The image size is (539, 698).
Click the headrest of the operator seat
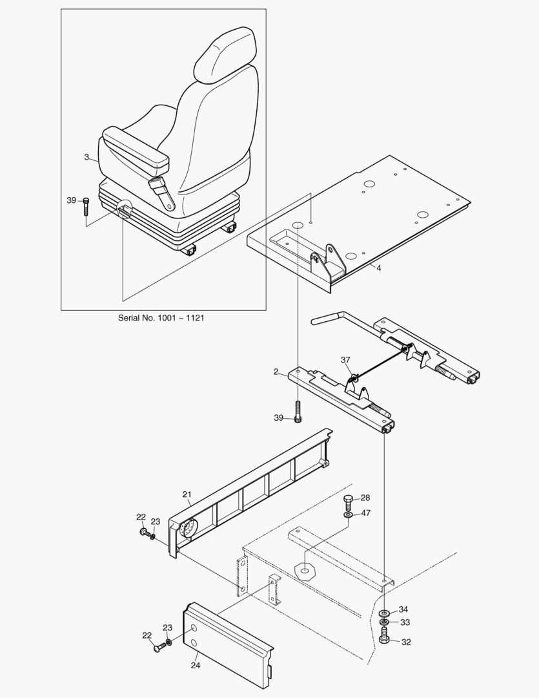226,55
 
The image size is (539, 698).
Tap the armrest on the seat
136,147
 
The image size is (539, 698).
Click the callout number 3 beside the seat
86,156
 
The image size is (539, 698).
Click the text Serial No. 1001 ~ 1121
161,318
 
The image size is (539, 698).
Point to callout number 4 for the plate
379,268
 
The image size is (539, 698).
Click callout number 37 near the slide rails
346,360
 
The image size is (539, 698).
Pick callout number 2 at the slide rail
276,372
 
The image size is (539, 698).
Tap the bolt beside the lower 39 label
298,412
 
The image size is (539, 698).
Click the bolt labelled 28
348,501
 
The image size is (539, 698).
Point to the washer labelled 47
348,514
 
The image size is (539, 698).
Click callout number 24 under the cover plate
196,664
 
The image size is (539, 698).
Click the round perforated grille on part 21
188,530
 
